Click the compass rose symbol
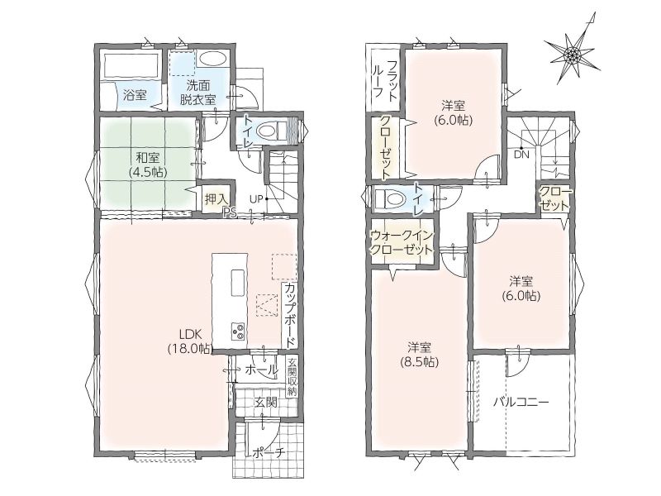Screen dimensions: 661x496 tap(573, 55)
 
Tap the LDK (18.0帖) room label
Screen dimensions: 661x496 tap(191, 341)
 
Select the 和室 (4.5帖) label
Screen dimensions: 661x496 tap(147, 165)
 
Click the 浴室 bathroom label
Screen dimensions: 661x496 tap(135, 95)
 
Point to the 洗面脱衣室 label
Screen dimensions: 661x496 tap(197, 93)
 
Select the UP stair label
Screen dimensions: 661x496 tap(255, 198)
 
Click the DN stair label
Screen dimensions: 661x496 tap(521, 155)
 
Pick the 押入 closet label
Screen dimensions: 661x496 tap(216, 199)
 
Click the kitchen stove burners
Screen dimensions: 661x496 tap(238, 330)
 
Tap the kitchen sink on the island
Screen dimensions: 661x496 tap(238, 284)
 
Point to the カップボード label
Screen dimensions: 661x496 tap(290, 315)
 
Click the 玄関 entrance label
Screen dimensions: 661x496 tap(265, 403)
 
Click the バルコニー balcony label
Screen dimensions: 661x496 tap(521, 402)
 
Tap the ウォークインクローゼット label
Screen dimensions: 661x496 tap(402, 242)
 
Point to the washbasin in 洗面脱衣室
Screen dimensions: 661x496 tap(212, 59)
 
